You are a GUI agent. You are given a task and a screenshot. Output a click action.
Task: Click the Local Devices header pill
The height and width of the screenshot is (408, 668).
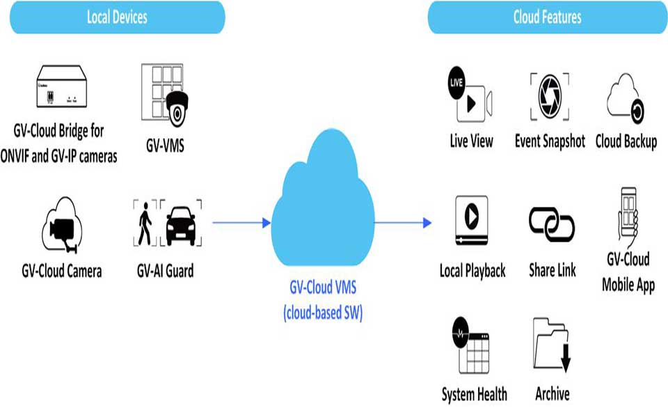117,17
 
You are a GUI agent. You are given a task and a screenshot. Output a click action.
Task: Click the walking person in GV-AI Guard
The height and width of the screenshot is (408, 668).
145,223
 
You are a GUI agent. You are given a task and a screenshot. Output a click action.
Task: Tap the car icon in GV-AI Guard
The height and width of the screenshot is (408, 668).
181,225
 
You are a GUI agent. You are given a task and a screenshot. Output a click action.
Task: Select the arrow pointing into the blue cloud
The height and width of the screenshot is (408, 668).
241,223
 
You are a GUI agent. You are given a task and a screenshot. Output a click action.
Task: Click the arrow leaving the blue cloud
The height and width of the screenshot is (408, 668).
403,223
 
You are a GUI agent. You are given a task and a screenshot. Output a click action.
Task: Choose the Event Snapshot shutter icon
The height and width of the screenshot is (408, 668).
550,96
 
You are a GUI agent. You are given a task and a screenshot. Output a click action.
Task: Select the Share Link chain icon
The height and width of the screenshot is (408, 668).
552,223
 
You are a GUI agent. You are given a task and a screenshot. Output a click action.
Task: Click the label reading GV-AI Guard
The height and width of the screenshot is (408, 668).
165,270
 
